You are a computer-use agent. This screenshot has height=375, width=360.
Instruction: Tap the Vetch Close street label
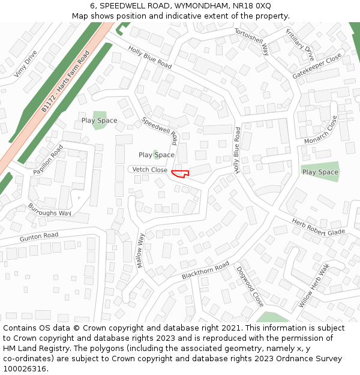click(150, 170)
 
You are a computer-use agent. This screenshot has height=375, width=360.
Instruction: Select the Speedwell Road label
click(160, 130)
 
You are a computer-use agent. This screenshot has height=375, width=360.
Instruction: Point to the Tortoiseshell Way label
click(251, 41)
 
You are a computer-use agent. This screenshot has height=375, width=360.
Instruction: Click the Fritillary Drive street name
click(300, 44)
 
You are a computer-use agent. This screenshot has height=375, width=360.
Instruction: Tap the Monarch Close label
click(321, 131)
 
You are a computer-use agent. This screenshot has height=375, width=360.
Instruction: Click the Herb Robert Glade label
click(319, 227)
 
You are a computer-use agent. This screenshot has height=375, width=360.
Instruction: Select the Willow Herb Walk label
click(314, 286)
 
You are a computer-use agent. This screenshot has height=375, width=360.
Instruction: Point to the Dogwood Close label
click(249, 287)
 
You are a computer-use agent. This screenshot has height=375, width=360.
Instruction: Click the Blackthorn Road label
click(205, 270)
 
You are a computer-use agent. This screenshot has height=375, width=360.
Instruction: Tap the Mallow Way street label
click(140, 250)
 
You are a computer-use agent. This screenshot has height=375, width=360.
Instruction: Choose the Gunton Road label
click(39, 237)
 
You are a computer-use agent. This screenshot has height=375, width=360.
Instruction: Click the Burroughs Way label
click(49, 209)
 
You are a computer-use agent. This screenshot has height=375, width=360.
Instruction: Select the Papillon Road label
click(48, 160)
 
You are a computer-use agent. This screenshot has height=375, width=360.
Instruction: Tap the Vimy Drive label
click(25, 64)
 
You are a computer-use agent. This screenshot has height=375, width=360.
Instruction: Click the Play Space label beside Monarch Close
click(320, 172)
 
